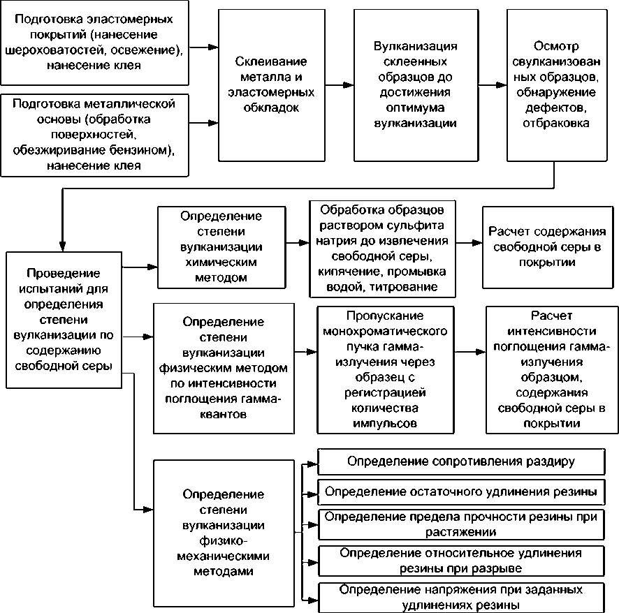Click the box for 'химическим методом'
pyautogui.click(x=221, y=247)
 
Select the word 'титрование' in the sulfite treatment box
pyautogui.click(x=405, y=286)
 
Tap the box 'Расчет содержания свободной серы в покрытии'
pyautogui.click(x=547, y=247)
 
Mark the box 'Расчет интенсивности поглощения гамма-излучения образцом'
pyautogui.click(x=547, y=368)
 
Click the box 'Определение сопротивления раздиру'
pyautogui.click(x=461, y=462)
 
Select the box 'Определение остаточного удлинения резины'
pyautogui.click(x=461, y=492)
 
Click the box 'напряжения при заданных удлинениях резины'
pyautogui.click(x=461, y=596)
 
